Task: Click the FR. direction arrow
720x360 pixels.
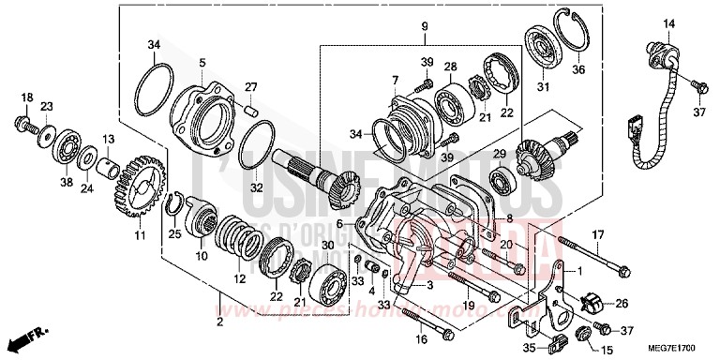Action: pos(26,336)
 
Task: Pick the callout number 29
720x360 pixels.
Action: pos(500,153)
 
